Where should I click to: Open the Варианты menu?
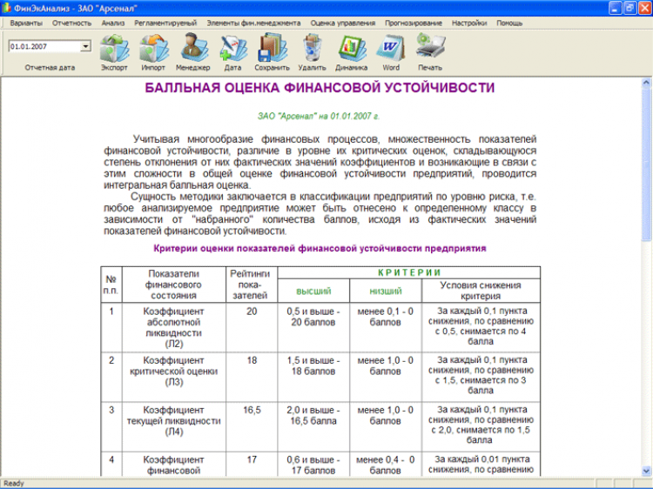pos(26,23)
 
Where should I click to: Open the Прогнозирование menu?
pos(420,23)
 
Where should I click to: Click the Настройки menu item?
pos(470,23)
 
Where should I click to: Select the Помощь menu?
pos(509,23)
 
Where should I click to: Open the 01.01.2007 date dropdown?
pos(85,45)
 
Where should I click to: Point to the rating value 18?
pos(252,358)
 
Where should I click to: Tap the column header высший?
pos(313,291)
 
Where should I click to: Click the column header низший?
pos(386,291)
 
